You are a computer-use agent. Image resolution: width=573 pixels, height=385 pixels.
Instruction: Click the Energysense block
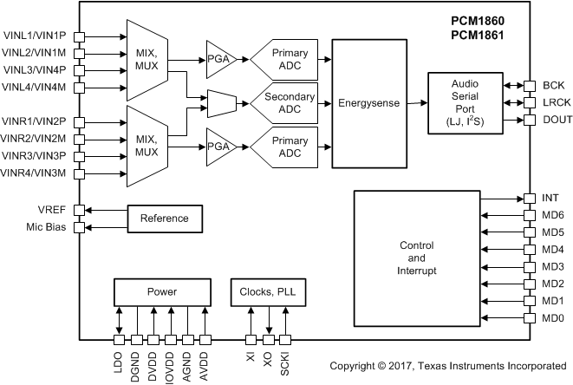tap(369, 103)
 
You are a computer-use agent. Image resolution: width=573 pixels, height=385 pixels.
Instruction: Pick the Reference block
tap(165, 219)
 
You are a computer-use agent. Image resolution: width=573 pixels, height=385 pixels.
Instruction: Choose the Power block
tap(161, 291)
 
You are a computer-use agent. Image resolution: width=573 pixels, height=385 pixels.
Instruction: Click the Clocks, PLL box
tap(266, 291)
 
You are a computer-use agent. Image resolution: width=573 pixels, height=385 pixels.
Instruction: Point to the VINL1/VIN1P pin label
tap(34, 36)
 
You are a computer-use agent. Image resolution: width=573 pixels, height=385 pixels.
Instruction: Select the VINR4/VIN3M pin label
tap(34, 174)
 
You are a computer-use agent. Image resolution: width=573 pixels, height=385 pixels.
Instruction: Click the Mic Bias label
tap(46, 227)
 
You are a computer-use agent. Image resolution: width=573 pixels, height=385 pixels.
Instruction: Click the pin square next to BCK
tap(529, 86)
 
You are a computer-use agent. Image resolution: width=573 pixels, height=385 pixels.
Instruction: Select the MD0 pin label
tap(553, 318)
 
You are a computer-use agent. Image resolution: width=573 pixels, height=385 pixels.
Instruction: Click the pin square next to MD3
tap(529, 267)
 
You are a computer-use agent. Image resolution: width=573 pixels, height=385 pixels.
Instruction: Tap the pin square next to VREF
tap(79, 210)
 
